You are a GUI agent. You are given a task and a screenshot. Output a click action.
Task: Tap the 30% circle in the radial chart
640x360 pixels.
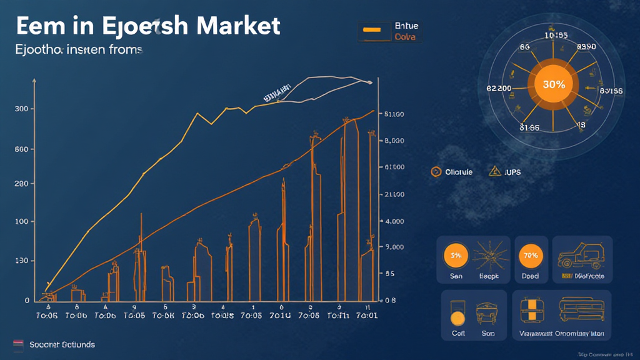pos(554,85)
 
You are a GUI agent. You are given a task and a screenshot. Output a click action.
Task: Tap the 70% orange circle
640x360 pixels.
pos(531,256)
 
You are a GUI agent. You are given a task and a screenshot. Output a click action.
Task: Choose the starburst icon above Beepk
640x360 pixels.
pos(488,256)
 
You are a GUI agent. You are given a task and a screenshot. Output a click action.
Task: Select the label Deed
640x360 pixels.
pos(531,276)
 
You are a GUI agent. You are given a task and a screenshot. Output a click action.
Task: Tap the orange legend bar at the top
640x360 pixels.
pos(373,29)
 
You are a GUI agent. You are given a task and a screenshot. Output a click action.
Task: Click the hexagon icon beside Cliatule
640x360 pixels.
pos(436,172)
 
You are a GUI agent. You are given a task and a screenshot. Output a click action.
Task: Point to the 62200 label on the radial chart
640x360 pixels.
pos(499,89)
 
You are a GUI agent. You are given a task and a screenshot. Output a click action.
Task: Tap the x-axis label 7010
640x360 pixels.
pos(279,316)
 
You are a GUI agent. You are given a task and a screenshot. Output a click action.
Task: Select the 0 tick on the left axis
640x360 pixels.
pos(27,301)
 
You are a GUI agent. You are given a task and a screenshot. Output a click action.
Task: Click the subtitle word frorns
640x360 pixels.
pos(126,49)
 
